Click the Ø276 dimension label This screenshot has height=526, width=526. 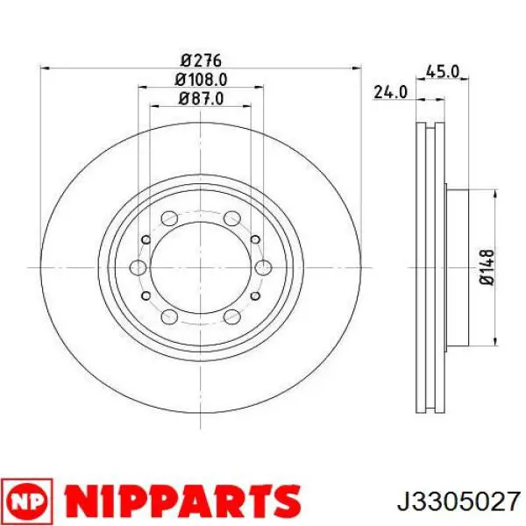pyautogui.click(x=201, y=60)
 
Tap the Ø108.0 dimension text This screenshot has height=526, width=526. pyautogui.click(x=201, y=80)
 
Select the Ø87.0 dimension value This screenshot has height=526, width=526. pyautogui.click(x=201, y=98)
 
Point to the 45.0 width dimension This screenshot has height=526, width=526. pyautogui.click(x=442, y=72)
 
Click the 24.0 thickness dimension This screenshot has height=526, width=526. pyautogui.click(x=390, y=92)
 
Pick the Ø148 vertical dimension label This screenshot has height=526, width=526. pyautogui.click(x=487, y=267)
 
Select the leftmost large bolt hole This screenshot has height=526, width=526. pyautogui.click(x=138, y=267)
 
